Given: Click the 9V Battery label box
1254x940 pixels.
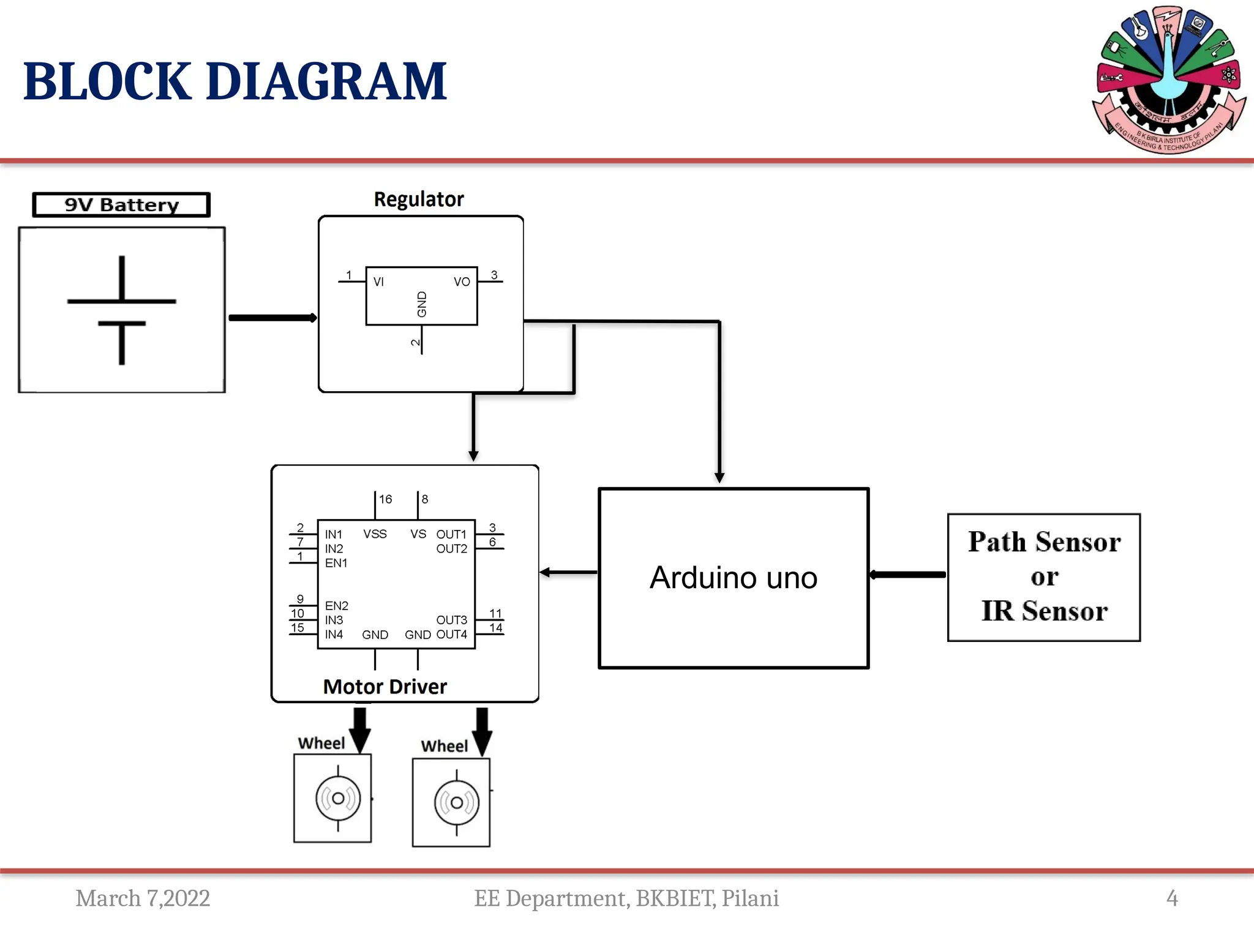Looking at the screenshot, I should pyautogui.click(x=121, y=204).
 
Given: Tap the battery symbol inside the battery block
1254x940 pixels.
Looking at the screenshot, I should pyautogui.click(x=122, y=310).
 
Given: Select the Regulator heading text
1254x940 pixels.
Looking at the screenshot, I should pyautogui.click(x=419, y=200).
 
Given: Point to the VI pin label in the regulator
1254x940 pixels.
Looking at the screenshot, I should pyautogui.click(x=378, y=282).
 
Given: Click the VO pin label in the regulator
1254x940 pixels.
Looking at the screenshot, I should pyautogui.click(x=462, y=282).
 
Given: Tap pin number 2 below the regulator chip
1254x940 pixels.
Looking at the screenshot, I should pyautogui.click(x=415, y=343).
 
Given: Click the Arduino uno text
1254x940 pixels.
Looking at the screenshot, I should pyautogui.click(x=734, y=578).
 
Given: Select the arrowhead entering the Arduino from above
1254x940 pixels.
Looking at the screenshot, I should pyautogui.click(x=719, y=478).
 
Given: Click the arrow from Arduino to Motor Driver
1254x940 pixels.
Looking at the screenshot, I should pyautogui.click(x=568, y=572).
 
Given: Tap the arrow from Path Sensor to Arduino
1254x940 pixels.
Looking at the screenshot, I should pyautogui.click(x=908, y=575).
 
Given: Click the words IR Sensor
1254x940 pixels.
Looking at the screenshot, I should pyautogui.click(x=1044, y=611).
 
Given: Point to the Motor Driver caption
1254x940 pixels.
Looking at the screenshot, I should pyautogui.click(x=385, y=687).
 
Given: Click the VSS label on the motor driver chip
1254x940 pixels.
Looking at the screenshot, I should pyautogui.click(x=375, y=534).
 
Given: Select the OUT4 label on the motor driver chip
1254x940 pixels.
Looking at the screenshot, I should pyautogui.click(x=452, y=635).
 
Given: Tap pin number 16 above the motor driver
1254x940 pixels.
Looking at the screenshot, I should pyautogui.click(x=385, y=499).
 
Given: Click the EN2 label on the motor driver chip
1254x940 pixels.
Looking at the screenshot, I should pyautogui.click(x=336, y=606).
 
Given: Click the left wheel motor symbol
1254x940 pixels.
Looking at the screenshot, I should pyautogui.click(x=338, y=798).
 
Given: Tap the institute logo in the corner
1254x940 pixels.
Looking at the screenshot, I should pyautogui.click(x=1169, y=80).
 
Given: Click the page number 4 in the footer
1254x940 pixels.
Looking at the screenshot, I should pyautogui.click(x=1172, y=898).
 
